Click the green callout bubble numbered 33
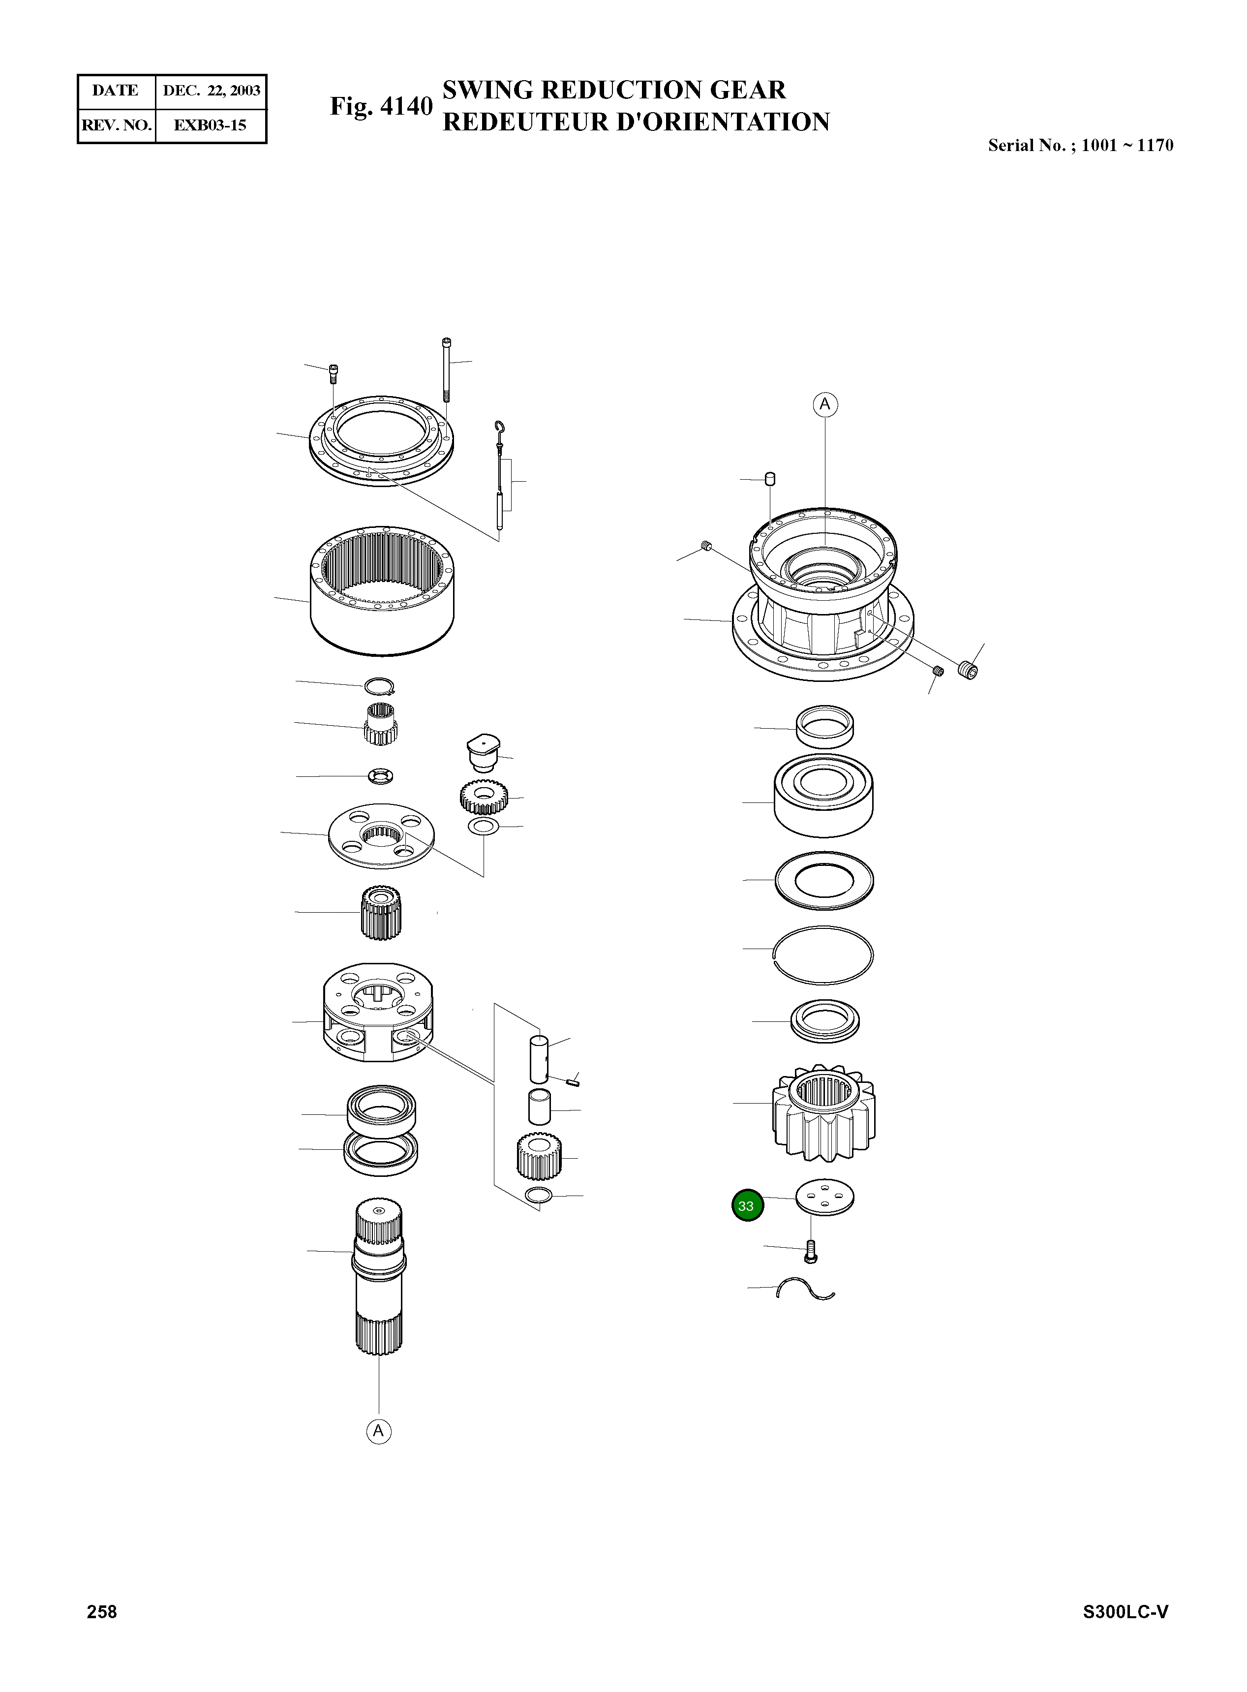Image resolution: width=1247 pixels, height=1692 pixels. click(x=747, y=1205)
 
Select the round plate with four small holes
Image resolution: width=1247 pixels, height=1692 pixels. click(x=824, y=1198)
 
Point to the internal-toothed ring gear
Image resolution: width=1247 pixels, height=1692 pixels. click(x=382, y=590)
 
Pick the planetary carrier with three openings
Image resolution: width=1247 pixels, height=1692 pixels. click(x=377, y=1013)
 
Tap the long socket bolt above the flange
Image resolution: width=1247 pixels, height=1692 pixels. click(x=447, y=370)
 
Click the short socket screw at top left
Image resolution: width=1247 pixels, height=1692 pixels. click(x=334, y=373)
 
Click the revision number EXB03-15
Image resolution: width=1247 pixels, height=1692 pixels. click(x=210, y=125)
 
